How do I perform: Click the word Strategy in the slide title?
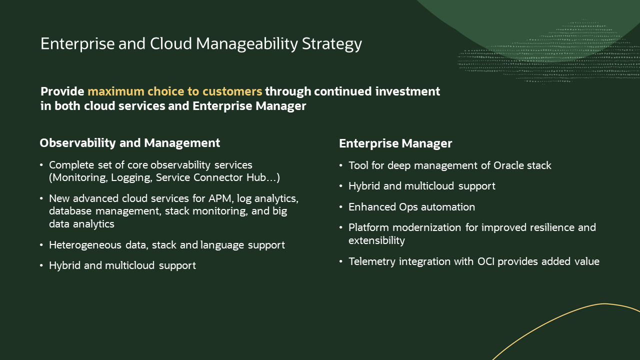(x=331, y=44)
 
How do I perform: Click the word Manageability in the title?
(x=247, y=44)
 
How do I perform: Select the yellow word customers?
(x=232, y=91)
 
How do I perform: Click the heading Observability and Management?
(x=130, y=143)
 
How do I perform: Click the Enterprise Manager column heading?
(x=395, y=143)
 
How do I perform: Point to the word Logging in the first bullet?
(x=131, y=177)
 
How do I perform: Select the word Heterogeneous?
(x=85, y=245)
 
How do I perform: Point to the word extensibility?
(x=377, y=240)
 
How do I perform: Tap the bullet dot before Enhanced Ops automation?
(x=341, y=207)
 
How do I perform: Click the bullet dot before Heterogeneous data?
(x=41, y=245)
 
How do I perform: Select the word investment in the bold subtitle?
(x=407, y=91)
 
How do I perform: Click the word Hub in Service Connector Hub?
(x=256, y=177)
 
